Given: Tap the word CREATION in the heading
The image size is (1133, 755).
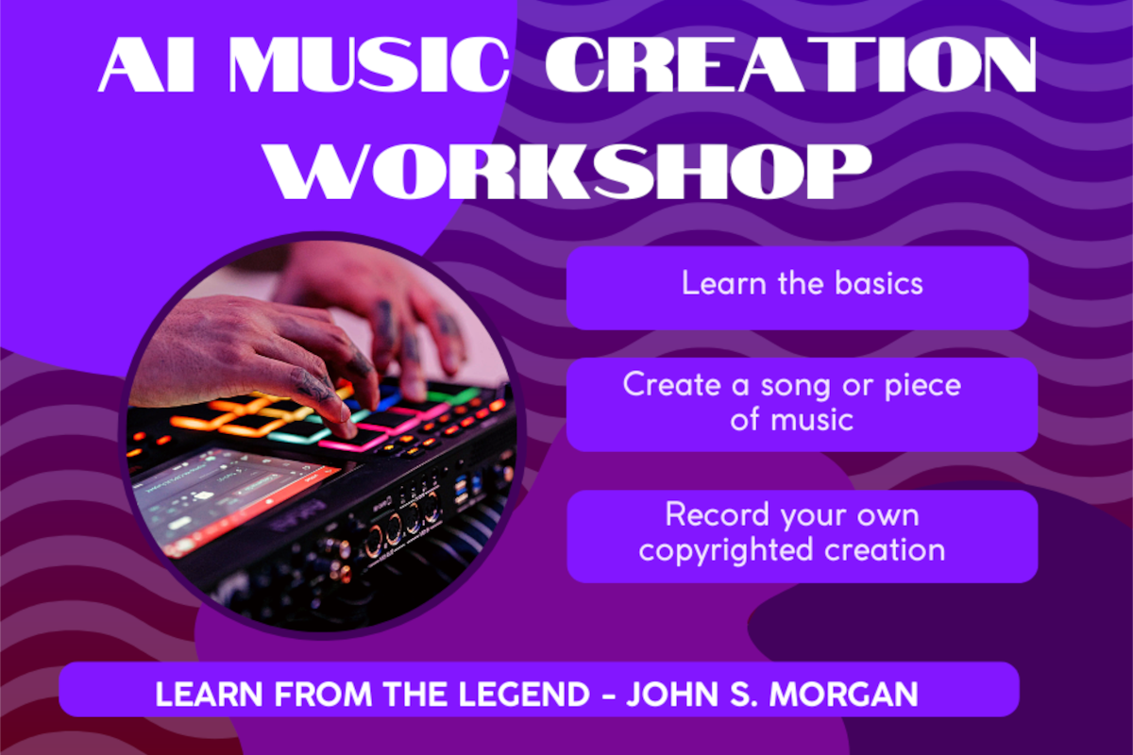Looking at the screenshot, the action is pyautogui.click(x=791, y=65).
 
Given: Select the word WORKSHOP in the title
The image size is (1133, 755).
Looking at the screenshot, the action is pyautogui.click(x=569, y=171).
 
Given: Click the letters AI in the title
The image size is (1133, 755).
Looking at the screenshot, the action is pyautogui.click(x=146, y=65).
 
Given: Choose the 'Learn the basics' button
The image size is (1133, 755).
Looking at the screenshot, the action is pyautogui.click(x=798, y=288).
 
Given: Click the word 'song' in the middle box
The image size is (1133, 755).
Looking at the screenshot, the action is pyautogui.click(x=795, y=387).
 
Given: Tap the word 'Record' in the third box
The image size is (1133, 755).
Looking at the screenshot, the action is pyautogui.click(x=718, y=514).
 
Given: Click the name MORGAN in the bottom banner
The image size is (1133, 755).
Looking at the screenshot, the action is pyautogui.click(x=844, y=694).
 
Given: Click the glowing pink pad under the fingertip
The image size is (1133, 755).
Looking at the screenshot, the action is pyautogui.click(x=354, y=439).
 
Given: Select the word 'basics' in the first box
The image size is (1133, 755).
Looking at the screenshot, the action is pyautogui.click(x=879, y=283).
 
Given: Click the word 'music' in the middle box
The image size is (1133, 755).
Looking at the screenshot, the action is pyautogui.click(x=812, y=420).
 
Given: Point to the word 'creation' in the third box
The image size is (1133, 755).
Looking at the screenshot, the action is pyautogui.click(x=885, y=549).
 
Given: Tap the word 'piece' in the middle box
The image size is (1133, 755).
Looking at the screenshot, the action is pyautogui.click(x=922, y=387).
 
